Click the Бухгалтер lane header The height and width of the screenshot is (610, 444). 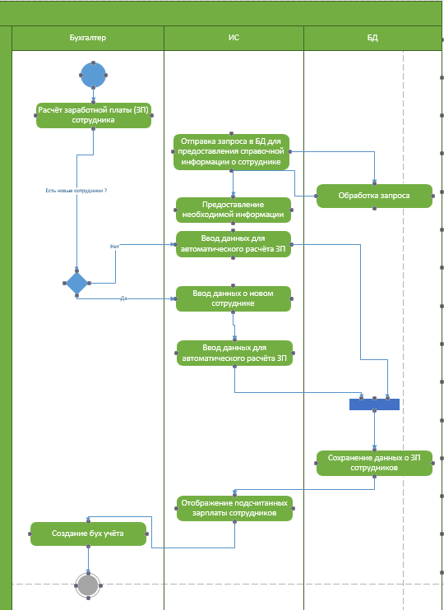pos(87,38)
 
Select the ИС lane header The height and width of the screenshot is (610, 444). pos(234,38)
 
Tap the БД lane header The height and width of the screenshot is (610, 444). pos(372,38)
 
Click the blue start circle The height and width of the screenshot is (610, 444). pos(94,75)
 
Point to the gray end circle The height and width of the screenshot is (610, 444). pos(88,585)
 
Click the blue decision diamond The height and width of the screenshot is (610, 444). pos(76,283)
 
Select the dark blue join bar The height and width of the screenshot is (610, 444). pos(374,404)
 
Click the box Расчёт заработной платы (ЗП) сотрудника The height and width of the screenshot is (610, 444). pos(94,115)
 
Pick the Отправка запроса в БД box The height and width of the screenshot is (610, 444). pos(232,152)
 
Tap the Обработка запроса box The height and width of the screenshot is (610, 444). pos(374,196)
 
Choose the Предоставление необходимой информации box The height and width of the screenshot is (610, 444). pos(233,210)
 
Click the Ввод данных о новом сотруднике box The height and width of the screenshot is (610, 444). pos(233,298)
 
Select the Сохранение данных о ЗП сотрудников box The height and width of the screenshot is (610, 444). pos(374,463)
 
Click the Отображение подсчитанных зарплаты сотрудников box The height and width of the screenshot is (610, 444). pos(234,508)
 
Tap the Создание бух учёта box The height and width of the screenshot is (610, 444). pos(88,534)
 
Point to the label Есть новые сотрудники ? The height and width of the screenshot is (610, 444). pos(76,191)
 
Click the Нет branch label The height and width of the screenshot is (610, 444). pos(114,247)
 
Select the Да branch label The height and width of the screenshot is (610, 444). pos(123,298)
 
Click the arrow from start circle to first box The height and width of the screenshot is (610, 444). pos(94,95)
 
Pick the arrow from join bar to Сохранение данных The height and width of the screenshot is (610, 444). pos(374,430)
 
